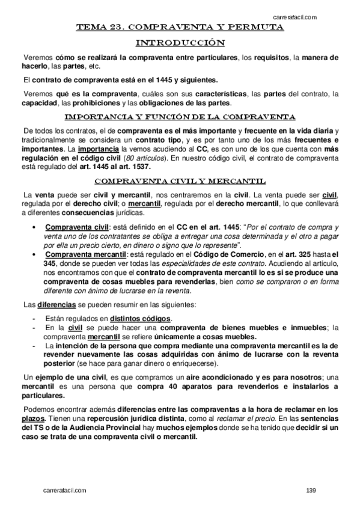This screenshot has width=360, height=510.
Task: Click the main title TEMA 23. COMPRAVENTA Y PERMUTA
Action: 180,28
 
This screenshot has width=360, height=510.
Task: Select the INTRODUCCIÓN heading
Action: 180,43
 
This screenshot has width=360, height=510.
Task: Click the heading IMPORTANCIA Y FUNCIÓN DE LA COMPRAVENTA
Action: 180,116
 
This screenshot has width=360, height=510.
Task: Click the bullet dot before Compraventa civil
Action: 39,227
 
